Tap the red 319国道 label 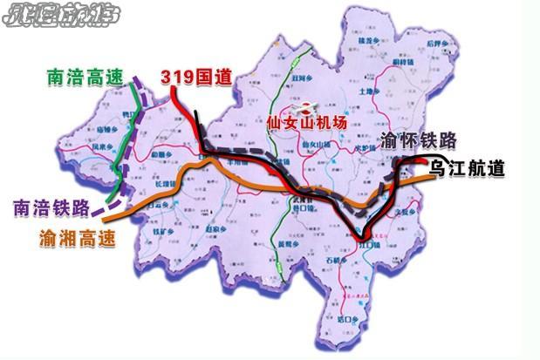(x=196, y=78)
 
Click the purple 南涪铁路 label (x=52, y=208)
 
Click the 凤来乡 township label (x=102, y=146)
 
